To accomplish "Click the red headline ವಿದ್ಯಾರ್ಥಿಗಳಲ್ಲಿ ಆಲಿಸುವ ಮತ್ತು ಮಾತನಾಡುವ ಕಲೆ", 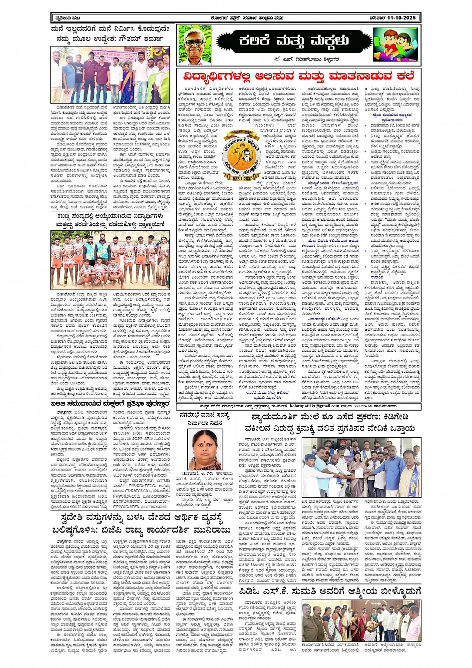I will (x=299, y=76).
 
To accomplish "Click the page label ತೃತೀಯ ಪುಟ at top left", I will (x=63, y=18).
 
